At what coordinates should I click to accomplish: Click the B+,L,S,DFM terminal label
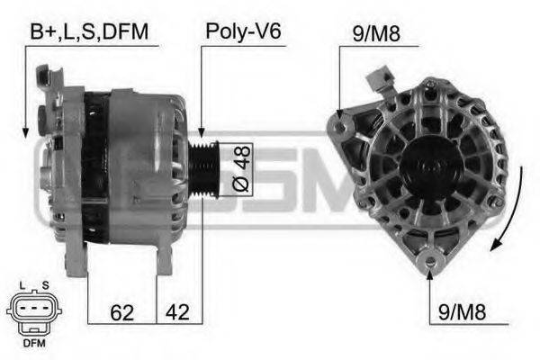89,32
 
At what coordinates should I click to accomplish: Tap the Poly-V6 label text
244,31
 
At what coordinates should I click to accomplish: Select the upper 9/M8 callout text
376,34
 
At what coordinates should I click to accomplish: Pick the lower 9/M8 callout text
462,312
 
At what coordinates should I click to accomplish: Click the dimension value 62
121,312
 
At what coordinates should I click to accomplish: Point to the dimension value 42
177,312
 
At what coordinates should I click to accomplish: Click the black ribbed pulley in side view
204,169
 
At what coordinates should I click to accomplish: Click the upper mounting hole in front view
340,127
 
